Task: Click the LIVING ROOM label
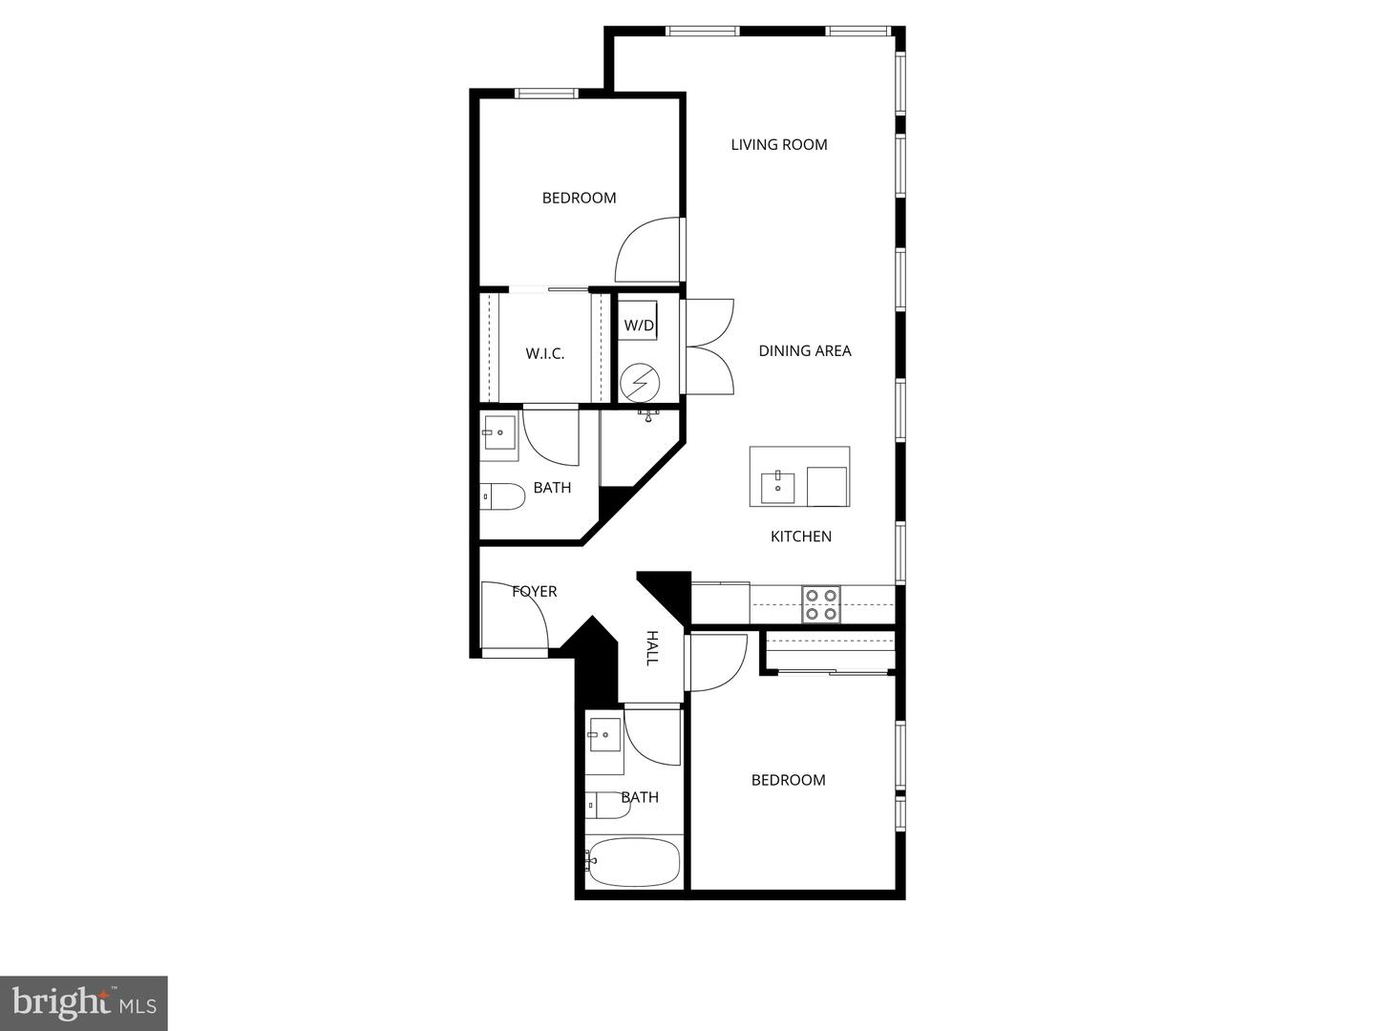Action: tap(779, 145)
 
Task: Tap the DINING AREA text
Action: tap(805, 351)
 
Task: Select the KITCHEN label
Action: tap(801, 537)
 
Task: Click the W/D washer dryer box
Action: tap(639, 326)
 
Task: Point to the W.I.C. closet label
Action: tap(545, 354)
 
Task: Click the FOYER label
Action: tap(535, 592)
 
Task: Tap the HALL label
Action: tap(652, 647)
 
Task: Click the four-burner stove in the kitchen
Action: tap(821, 604)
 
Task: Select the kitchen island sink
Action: tap(778, 487)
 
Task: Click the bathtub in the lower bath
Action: tap(633, 861)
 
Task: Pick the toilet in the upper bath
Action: tap(503, 496)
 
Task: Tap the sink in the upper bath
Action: tap(498, 433)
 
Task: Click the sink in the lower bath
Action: tap(604, 735)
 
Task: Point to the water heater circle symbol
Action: tap(639, 383)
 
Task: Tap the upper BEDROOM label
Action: tap(579, 199)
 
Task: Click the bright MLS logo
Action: tap(84, 1002)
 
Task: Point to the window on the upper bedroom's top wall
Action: tap(546, 94)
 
